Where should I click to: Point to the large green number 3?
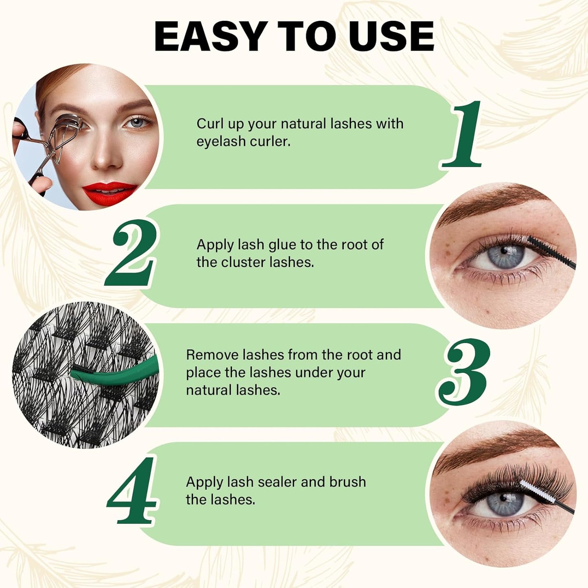click(464, 372)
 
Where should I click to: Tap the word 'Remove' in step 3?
click(212, 355)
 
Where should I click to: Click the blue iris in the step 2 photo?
click(505, 256)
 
